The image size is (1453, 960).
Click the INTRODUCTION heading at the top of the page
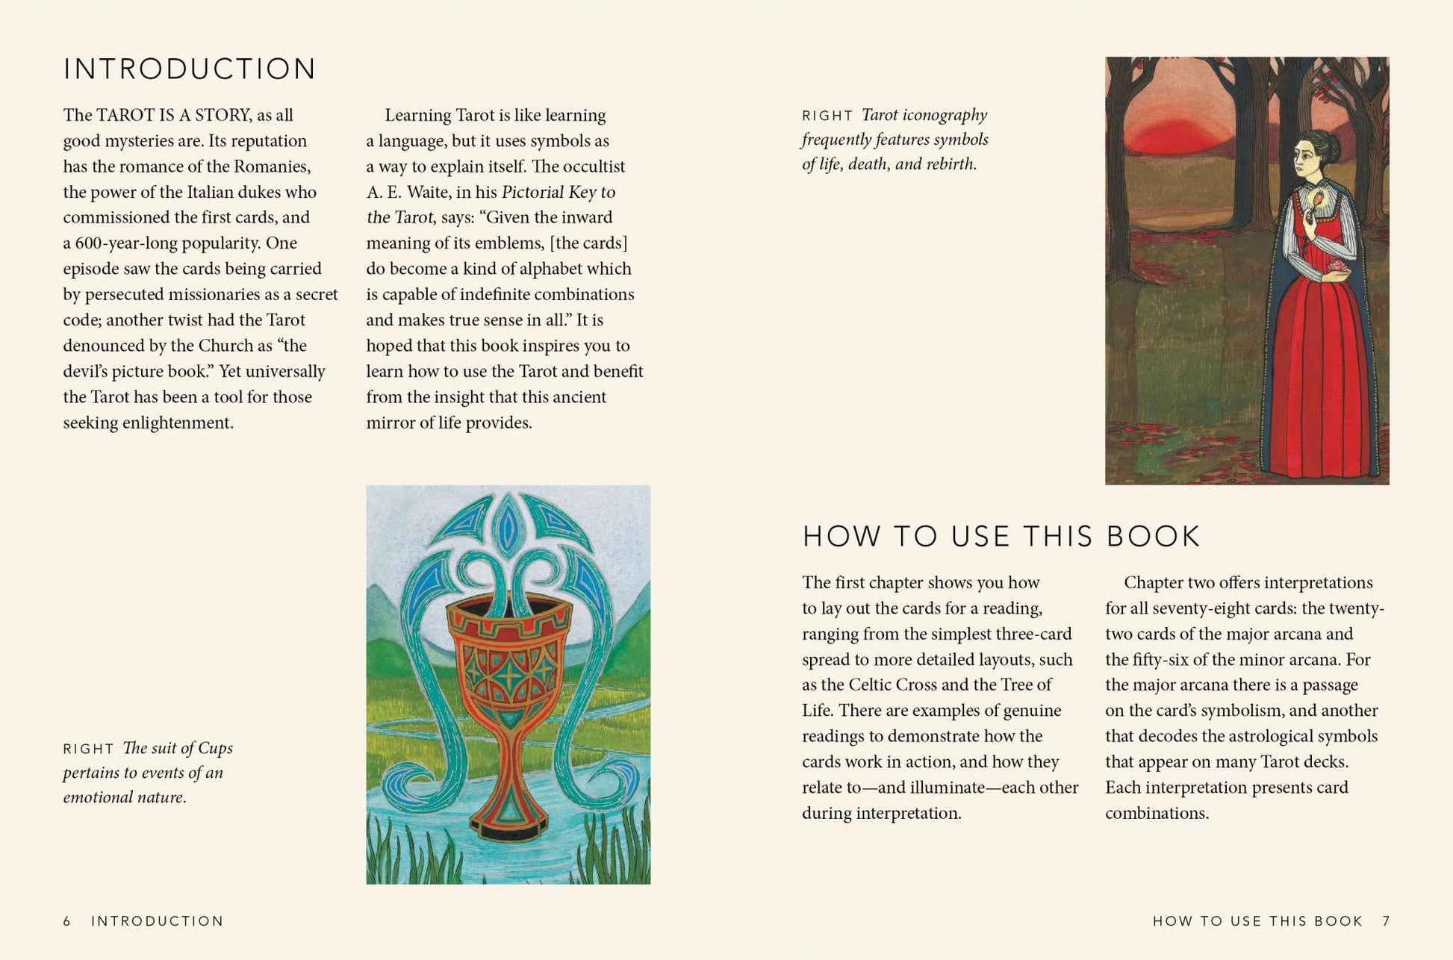tap(190, 69)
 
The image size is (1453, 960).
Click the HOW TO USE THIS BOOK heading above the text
tap(1001, 537)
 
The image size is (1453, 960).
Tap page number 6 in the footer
tap(67, 921)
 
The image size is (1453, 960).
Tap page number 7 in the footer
tap(1386, 921)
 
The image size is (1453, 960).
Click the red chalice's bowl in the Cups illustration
tap(508, 657)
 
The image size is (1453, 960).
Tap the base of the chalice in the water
tap(508, 821)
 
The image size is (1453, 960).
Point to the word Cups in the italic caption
tap(215, 748)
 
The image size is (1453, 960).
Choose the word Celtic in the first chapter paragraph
tap(877, 685)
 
